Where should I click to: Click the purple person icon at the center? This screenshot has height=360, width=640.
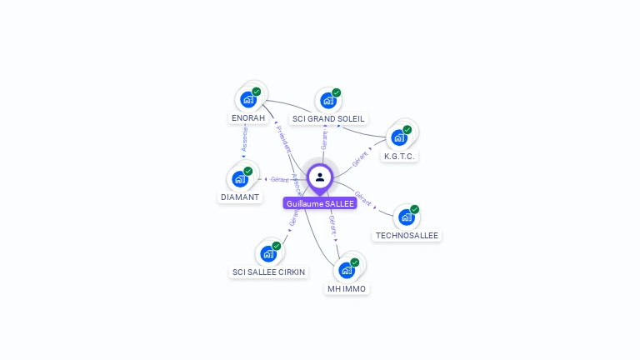tap(320, 177)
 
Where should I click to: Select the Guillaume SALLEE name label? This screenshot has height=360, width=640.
tap(320, 203)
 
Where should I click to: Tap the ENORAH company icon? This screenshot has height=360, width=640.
tap(247, 99)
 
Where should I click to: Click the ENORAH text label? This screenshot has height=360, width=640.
tap(247, 118)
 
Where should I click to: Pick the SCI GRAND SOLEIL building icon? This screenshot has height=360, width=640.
tap(328, 100)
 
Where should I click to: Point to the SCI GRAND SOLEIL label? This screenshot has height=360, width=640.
tap(328, 119)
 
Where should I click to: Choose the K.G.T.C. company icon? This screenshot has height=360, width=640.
tap(399, 137)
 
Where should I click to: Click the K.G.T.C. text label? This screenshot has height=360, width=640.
tap(399, 156)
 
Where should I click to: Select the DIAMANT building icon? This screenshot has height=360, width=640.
tap(240, 178)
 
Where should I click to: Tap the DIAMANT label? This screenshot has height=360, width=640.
tap(240, 197)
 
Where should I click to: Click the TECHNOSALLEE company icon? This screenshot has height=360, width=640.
tap(407, 217)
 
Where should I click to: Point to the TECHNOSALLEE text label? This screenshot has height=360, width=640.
tap(407, 236)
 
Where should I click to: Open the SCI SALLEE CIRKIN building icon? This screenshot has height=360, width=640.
tap(268, 253)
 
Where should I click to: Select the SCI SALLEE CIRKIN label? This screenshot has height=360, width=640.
tap(268, 272)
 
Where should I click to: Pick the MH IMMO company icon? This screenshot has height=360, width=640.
tap(347, 270)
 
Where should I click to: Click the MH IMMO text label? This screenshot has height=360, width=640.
tap(347, 289)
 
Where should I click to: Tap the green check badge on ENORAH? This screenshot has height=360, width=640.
tap(257, 92)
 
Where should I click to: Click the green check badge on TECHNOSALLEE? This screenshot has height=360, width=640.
tap(415, 209)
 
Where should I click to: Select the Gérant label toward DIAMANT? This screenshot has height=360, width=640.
tap(279, 179)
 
